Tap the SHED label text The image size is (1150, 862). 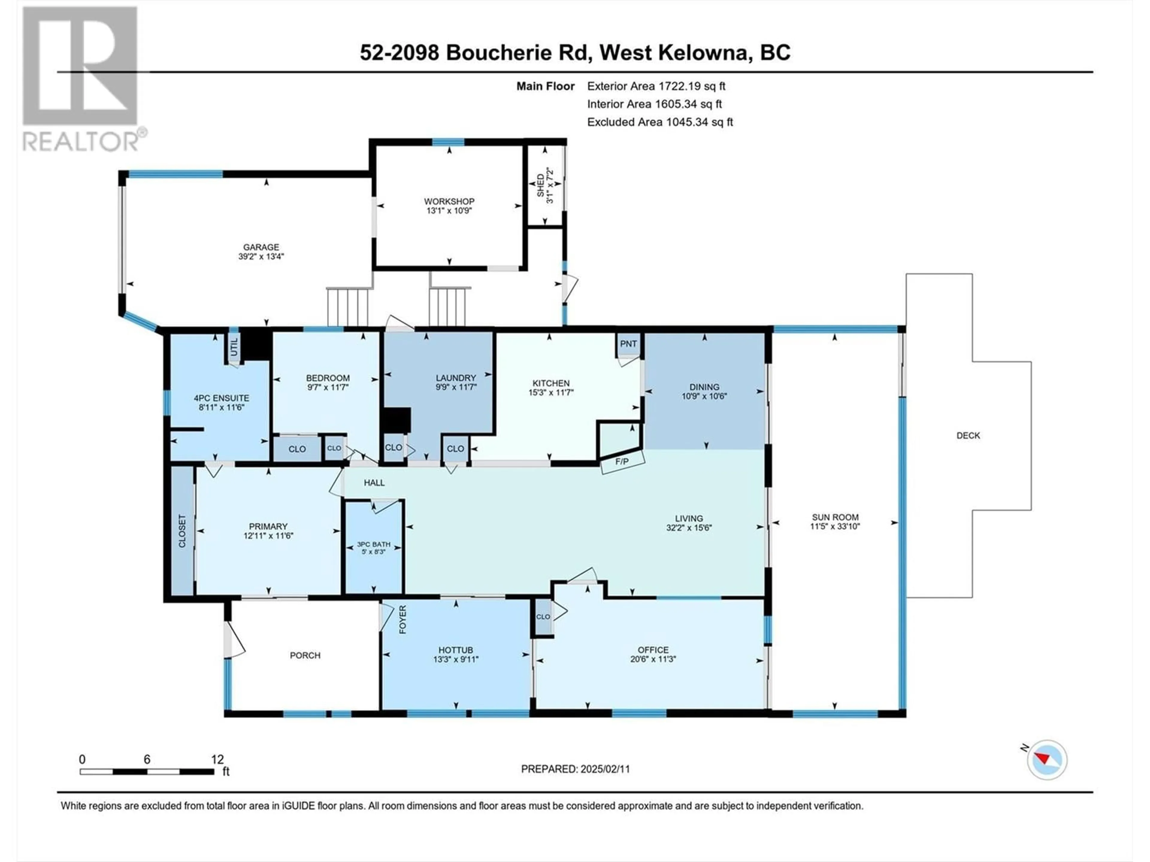pos(541,186)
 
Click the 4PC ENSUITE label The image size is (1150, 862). pos(222,398)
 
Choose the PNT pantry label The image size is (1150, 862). pos(629,343)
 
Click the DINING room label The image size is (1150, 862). pos(704,387)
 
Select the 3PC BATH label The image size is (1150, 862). pos(374,544)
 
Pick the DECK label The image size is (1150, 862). pos(968,435)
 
